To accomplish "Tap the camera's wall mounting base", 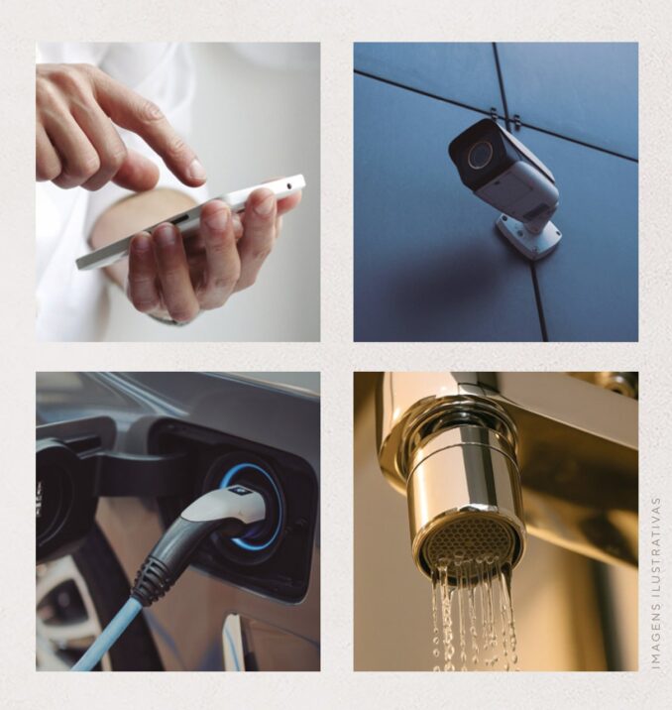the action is click(529, 235).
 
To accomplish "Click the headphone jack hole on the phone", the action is click(289, 184).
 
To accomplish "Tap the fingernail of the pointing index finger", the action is click(197, 170).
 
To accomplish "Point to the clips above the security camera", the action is click(504, 117).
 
